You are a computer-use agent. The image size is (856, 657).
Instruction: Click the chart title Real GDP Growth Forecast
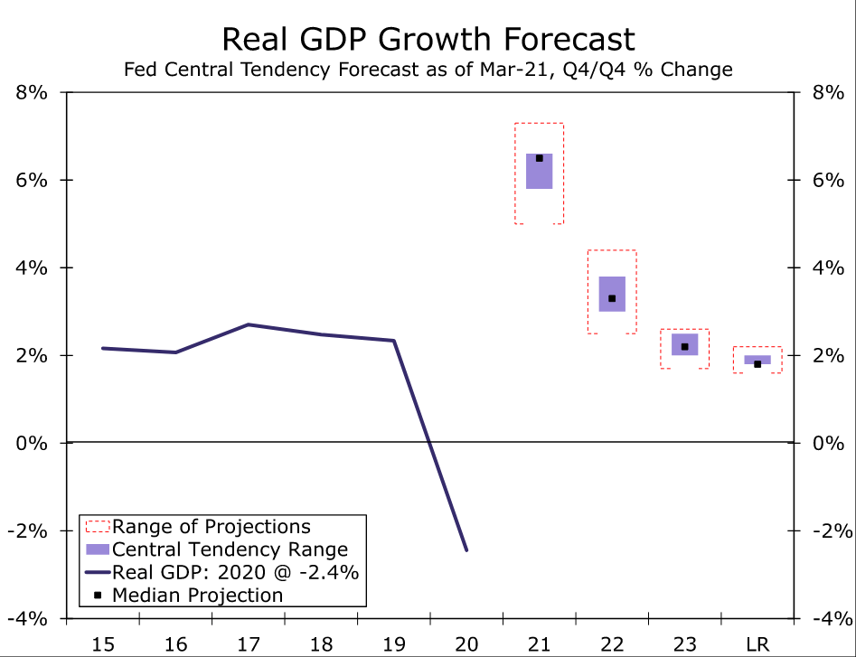tap(428, 39)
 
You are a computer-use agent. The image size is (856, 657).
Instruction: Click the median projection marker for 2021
tap(540, 158)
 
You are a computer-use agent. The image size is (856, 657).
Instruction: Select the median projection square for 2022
tap(612, 298)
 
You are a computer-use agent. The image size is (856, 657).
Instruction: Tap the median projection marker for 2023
tap(685, 347)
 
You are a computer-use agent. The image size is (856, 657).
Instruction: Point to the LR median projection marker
tap(757, 364)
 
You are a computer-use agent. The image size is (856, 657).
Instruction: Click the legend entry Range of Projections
tap(212, 527)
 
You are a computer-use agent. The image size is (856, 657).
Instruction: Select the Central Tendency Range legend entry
tap(230, 549)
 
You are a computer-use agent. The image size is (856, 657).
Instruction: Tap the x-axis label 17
tap(249, 643)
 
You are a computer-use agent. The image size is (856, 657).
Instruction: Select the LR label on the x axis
tap(757, 643)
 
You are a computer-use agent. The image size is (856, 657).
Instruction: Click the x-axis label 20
tap(466, 643)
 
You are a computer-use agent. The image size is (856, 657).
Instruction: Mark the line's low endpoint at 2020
tap(466, 549)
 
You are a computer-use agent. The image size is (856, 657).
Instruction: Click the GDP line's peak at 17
tap(249, 324)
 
